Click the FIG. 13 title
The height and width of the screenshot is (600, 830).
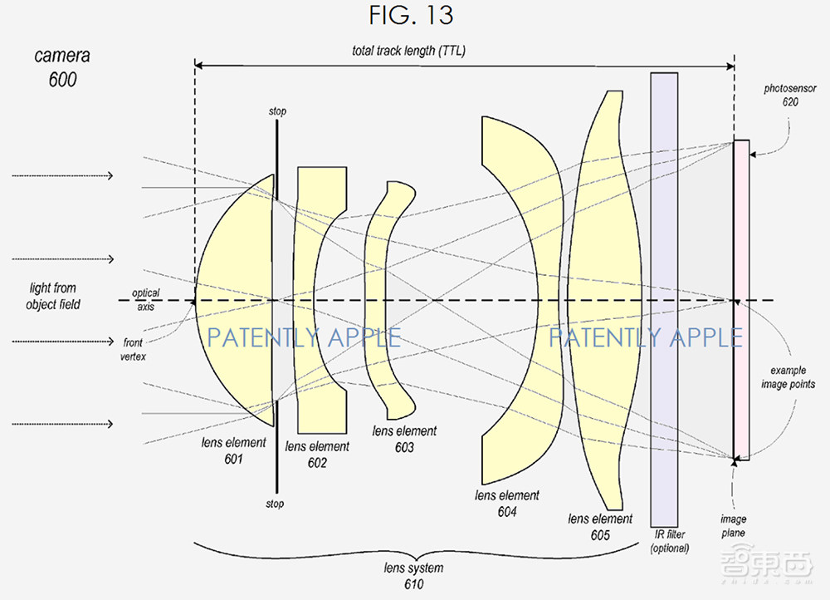412,15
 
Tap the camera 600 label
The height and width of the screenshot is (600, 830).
62,67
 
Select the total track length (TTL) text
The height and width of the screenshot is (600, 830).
408,51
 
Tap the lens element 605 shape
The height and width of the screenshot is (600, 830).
603,300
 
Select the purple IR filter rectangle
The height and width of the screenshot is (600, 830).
664,299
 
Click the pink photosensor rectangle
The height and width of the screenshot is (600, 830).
741,300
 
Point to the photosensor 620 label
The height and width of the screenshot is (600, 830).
790,95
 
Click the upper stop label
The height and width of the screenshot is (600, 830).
277,111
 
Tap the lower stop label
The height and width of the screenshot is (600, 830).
275,504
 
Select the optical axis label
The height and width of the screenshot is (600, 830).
145,299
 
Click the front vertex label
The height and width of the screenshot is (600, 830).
133,349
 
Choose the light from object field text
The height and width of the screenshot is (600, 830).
53,297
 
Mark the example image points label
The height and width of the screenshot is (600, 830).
788,376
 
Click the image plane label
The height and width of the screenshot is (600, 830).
733,526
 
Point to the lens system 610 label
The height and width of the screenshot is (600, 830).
413,576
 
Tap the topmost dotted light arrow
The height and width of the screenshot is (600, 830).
62,175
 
